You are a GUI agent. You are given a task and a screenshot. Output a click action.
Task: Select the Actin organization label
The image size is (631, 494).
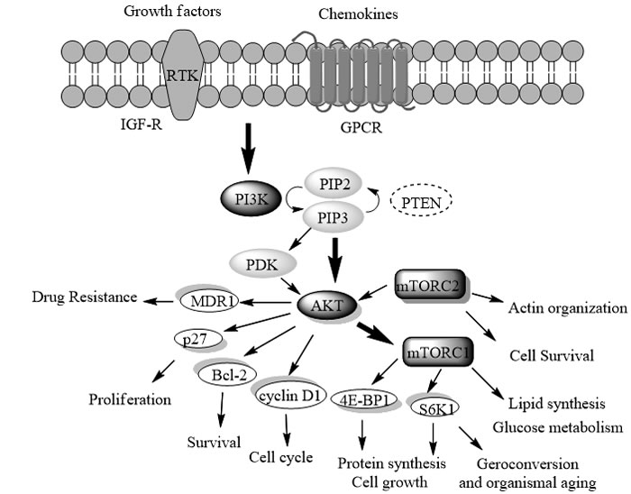tap(567, 308)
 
